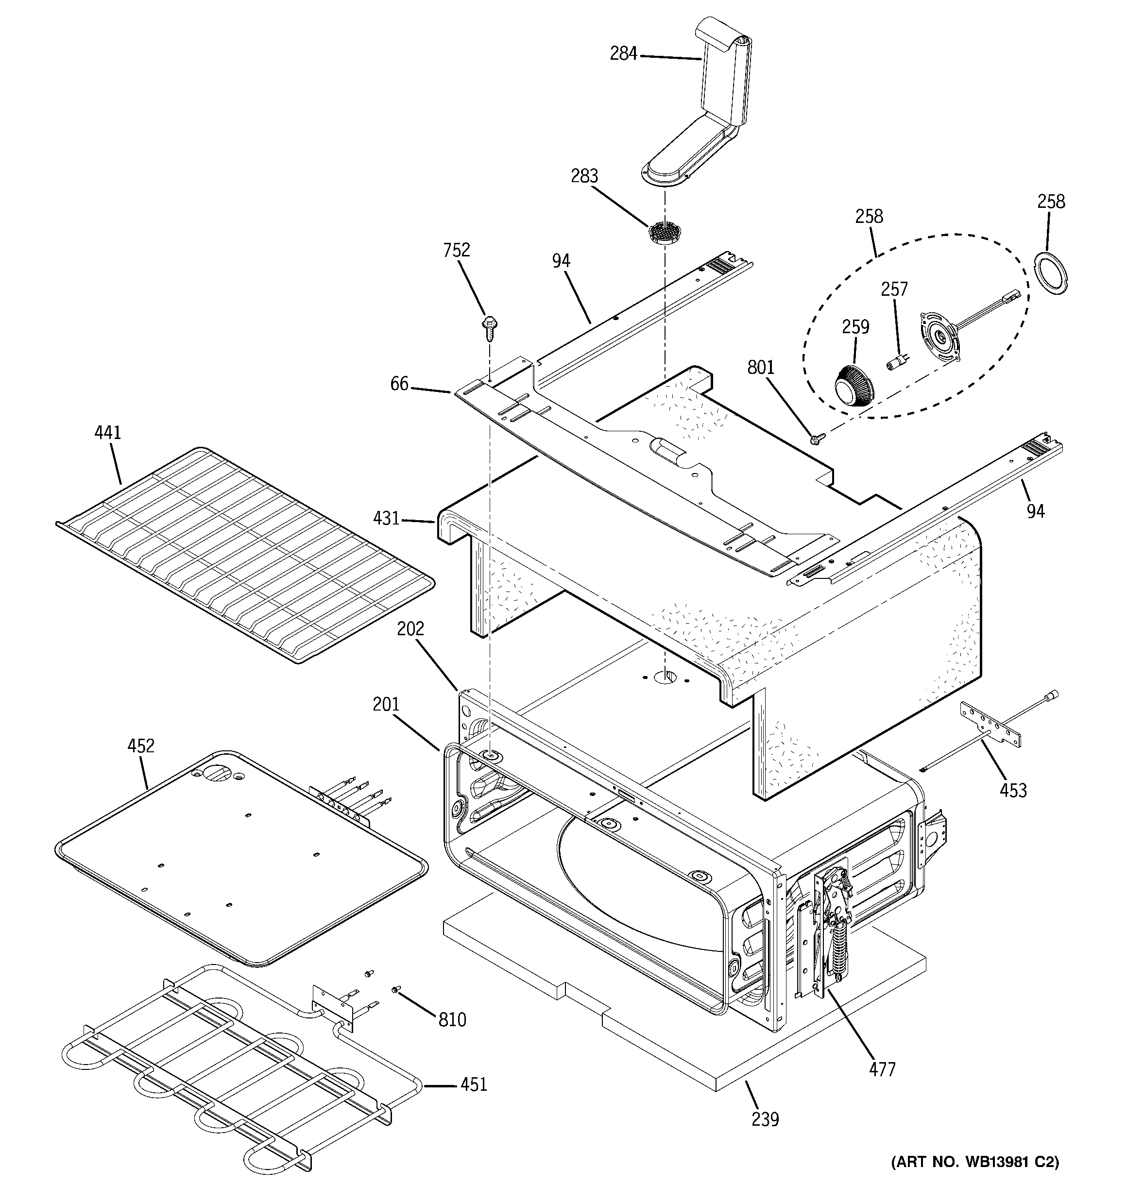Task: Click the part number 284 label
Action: point(623,54)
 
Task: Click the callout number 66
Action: point(399,384)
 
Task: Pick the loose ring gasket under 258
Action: point(1051,271)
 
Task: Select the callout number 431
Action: point(386,518)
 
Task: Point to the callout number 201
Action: point(386,704)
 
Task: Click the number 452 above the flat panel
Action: point(140,746)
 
